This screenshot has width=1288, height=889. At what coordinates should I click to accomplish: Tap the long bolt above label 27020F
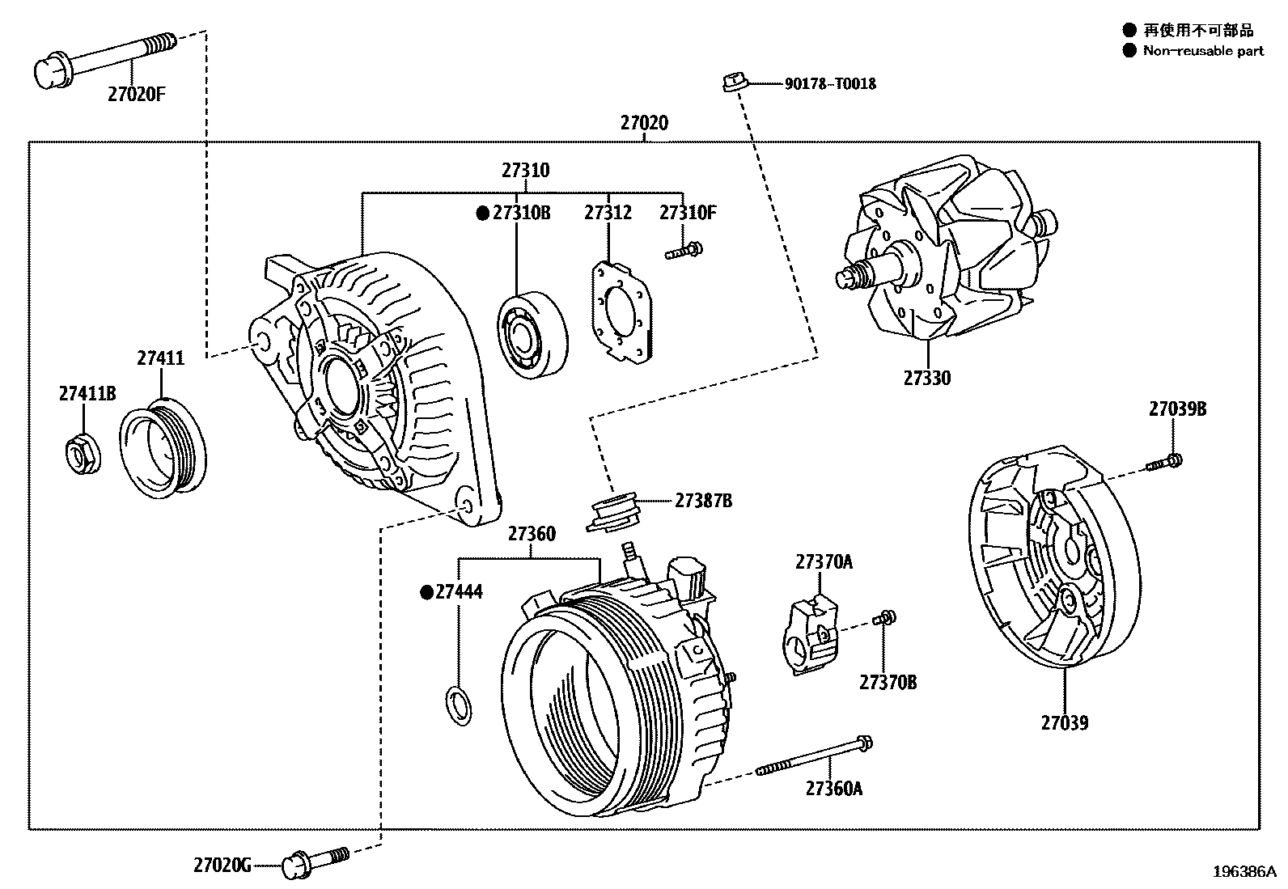click(105, 57)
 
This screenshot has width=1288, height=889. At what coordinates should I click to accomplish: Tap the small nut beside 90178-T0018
click(733, 81)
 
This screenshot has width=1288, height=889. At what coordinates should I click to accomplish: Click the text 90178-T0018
click(830, 83)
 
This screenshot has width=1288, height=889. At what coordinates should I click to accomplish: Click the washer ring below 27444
click(460, 703)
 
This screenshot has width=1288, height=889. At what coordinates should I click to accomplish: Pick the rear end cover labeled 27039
click(1052, 558)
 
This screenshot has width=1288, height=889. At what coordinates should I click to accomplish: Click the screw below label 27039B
click(1165, 463)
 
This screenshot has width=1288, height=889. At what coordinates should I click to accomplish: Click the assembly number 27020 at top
click(644, 124)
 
